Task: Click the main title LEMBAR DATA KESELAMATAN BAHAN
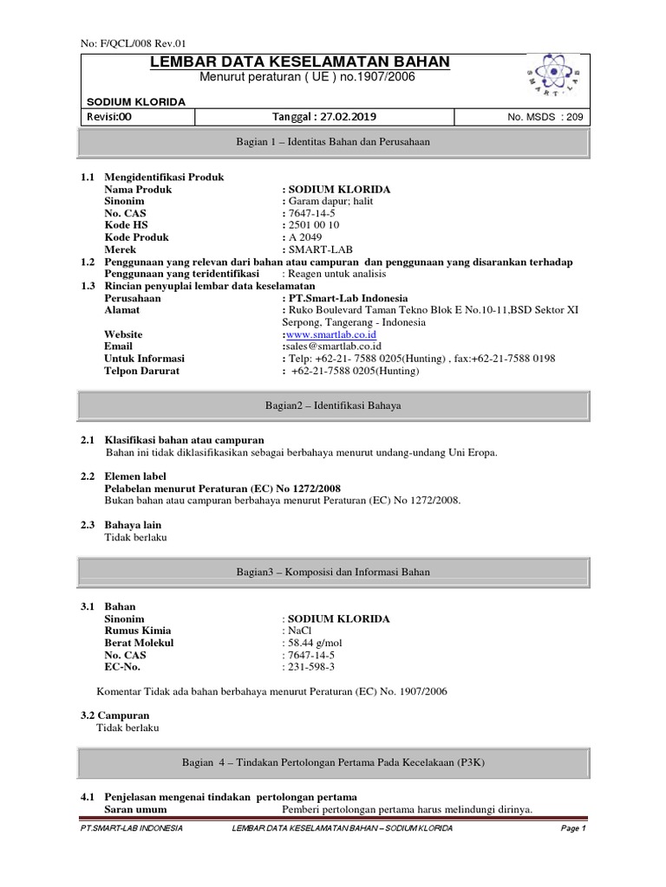300,62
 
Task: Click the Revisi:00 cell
108,117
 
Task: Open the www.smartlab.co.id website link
330,334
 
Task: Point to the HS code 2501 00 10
313,225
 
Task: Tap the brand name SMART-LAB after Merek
317,249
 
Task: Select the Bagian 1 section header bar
334,141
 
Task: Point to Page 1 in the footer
573,829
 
